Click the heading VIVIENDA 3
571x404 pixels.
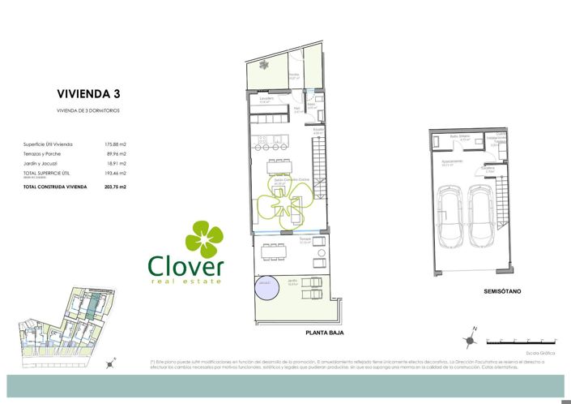coord(88,94)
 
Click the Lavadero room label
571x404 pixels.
coord(267,100)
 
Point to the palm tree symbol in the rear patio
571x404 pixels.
coord(264,66)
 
